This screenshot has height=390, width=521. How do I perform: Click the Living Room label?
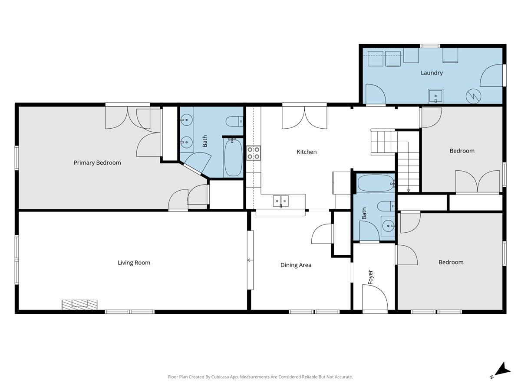pyautogui.click(x=134, y=263)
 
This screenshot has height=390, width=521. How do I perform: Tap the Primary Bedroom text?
pyautogui.click(x=97, y=162)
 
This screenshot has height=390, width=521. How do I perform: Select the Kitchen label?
pyautogui.click(x=307, y=152)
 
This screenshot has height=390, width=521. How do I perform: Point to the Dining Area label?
pyautogui.click(x=296, y=265)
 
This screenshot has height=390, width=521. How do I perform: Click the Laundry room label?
pyautogui.click(x=432, y=73)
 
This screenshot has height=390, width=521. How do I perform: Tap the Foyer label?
pyautogui.click(x=370, y=277)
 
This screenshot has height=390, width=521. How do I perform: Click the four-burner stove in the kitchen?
pyautogui.click(x=253, y=153)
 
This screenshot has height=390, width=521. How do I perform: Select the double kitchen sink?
pyautogui.click(x=281, y=201)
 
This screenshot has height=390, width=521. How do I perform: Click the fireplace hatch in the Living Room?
pyautogui.click(x=79, y=305)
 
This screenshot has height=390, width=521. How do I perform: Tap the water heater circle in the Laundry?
pyautogui.click(x=473, y=96)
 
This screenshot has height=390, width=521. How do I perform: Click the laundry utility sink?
pyautogui.click(x=435, y=96)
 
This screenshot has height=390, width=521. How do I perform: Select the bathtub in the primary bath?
pyautogui.click(x=233, y=157)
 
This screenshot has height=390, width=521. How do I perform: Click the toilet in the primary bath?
pyautogui.click(x=234, y=121)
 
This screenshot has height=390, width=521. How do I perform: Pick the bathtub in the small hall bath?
pyautogui.click(x=376, y=183)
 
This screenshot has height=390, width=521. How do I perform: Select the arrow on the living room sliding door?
pyautogui.click(x=250, y=260)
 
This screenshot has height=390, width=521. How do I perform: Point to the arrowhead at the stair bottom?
pyautogui.click(x=408, y=190)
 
